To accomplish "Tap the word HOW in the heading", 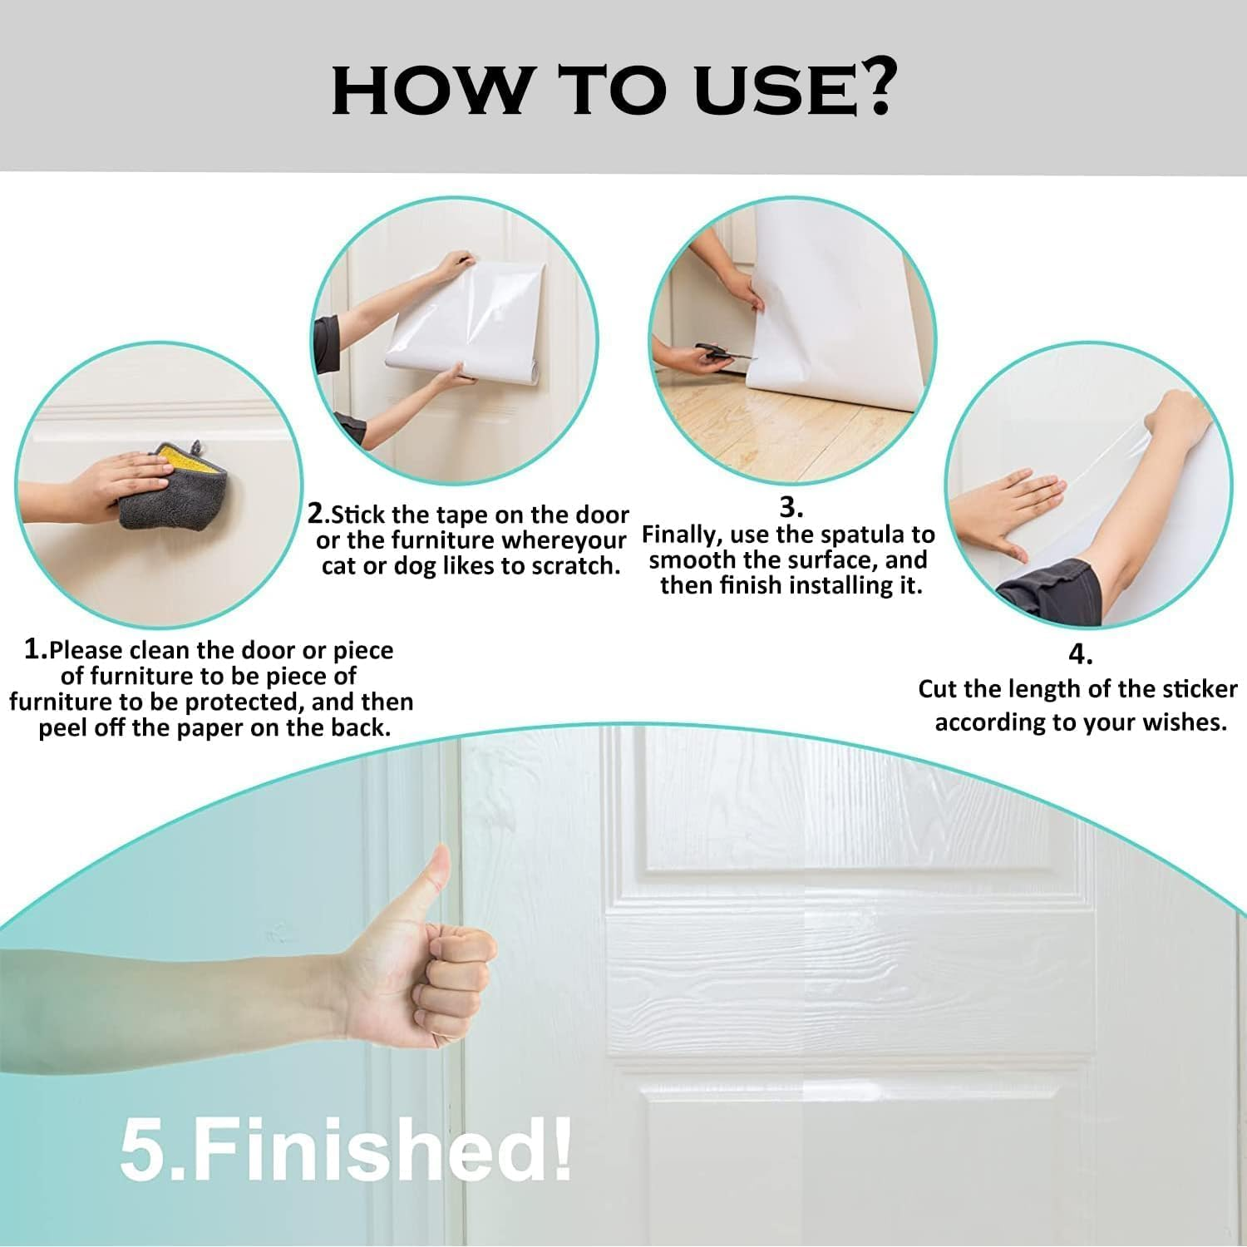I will (429, 89).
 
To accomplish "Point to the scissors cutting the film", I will (722, 353).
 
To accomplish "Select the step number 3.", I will (791, 508).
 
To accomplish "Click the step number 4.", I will (1080, 655).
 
